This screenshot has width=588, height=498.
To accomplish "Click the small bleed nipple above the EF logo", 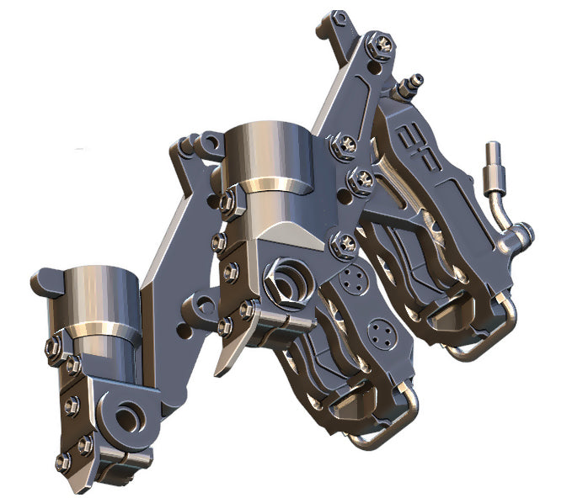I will [410, 85].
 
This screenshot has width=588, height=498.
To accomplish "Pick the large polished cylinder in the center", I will [264, 161].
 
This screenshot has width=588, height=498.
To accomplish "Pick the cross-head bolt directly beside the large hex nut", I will [341, 246].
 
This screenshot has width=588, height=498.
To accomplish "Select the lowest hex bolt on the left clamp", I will [64, 461].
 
